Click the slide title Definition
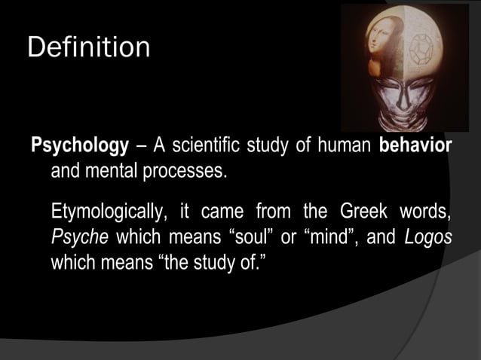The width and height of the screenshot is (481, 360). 88,47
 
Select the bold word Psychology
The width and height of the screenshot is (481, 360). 79,145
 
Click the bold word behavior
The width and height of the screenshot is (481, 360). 415,145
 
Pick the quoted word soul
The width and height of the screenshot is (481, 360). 249,236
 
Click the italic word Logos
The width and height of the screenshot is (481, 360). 427,236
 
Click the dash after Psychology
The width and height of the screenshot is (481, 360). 139,145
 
